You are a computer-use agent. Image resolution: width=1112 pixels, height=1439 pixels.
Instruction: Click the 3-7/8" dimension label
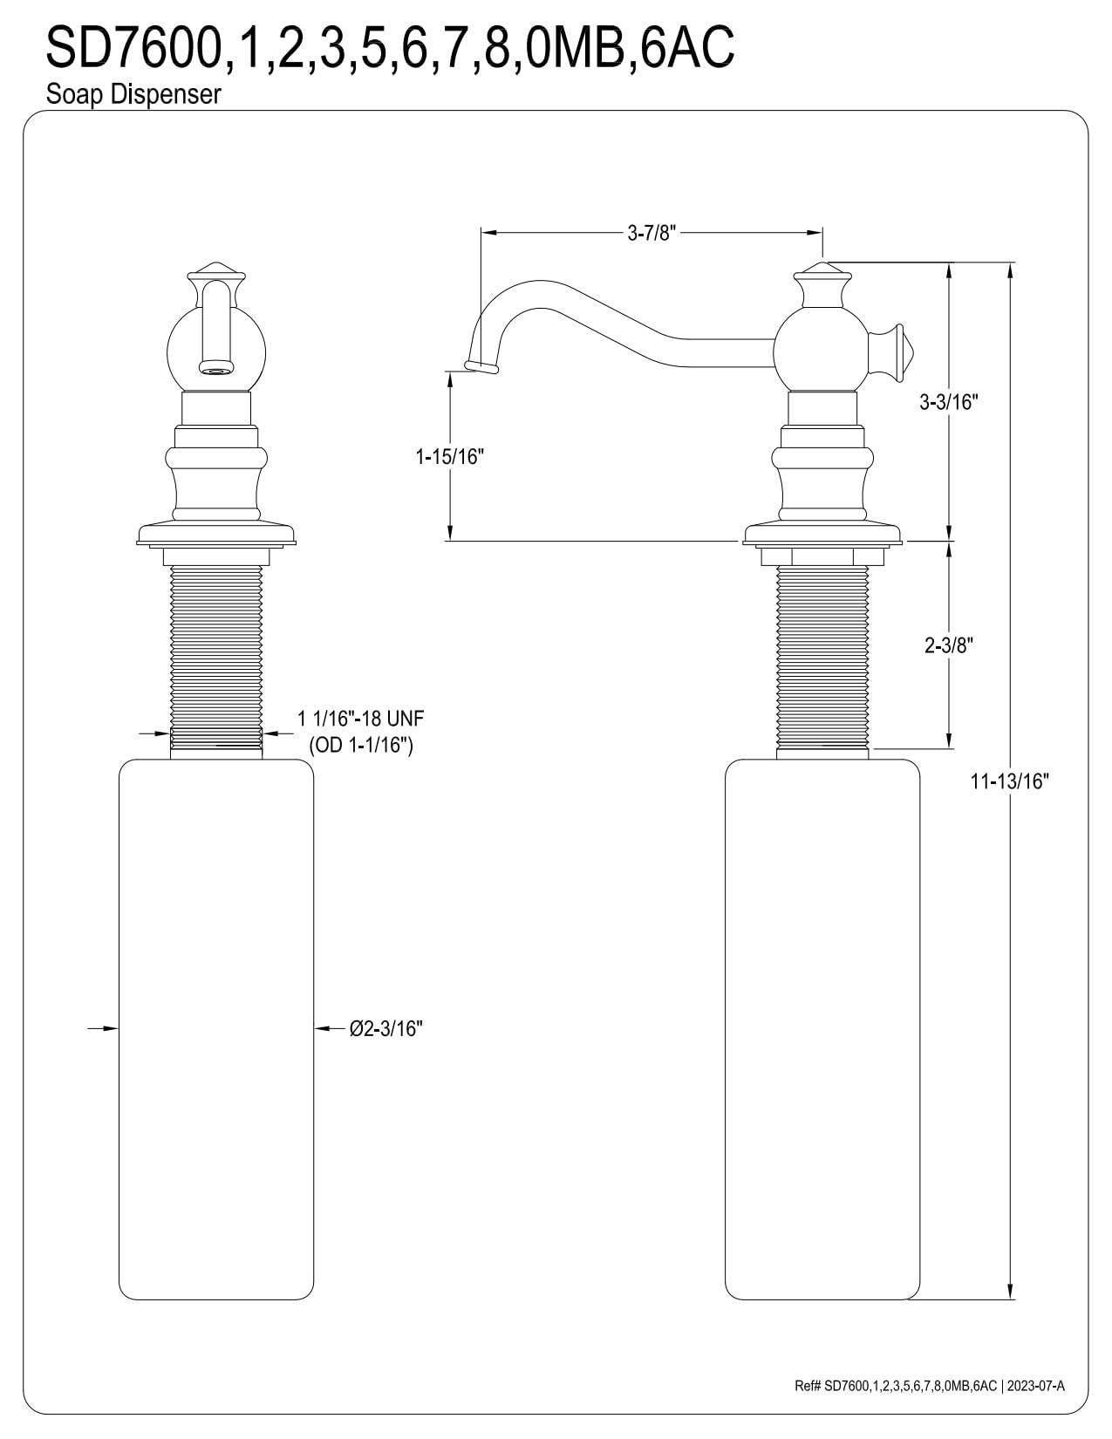pyautogui.click(x=652, y=233)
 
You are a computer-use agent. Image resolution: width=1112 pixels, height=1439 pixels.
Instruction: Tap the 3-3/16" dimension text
pyautogui.click(x=948, y=402)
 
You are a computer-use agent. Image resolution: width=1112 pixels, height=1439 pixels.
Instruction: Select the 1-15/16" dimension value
pyautogui.click(x=450, y=456)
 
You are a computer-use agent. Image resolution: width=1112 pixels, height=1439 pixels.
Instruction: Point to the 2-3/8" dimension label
pyautogui.click(x=948, y=645)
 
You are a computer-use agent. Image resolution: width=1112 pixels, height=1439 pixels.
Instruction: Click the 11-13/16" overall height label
pyautogui.click(x=1009, y=781)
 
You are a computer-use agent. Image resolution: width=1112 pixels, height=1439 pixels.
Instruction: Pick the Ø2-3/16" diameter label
pyautogui.click(x=386, y=1028)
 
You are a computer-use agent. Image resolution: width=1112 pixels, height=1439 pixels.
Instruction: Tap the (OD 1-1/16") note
pyautogui.click(x=361, y=745)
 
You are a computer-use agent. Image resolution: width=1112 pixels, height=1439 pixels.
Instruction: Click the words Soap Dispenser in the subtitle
pyautogui.click(x=133, y=94)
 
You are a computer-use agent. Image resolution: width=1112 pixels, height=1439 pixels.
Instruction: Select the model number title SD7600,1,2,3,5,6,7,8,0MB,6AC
pyautogui.click(x=390, y=47)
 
